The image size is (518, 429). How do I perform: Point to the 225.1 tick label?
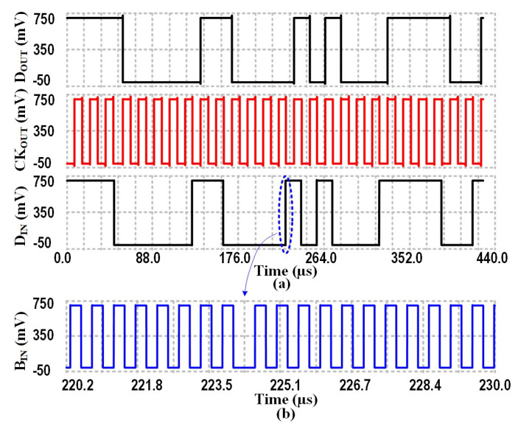284,384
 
